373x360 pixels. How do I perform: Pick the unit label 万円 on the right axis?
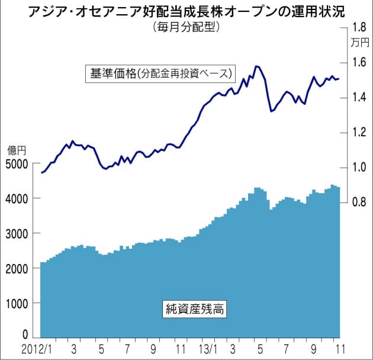(359, 42)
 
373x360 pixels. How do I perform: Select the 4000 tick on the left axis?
(17, 198)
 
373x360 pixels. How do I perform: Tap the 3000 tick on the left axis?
(17, 233)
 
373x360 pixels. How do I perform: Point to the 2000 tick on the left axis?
(17, 268)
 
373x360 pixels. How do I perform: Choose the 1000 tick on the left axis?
(17, 303)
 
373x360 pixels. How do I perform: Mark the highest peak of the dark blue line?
(257, 66)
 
